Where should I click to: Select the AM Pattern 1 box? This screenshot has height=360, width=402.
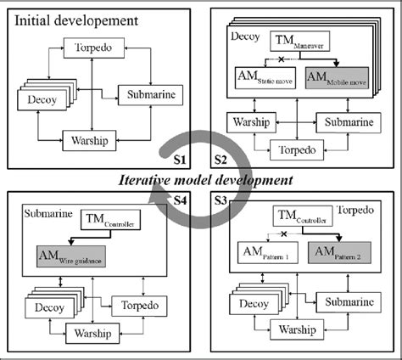pyautogui.click(x=268, y=253)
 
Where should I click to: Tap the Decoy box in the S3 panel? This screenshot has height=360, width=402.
pyautogui.click(x=256, y=303)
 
